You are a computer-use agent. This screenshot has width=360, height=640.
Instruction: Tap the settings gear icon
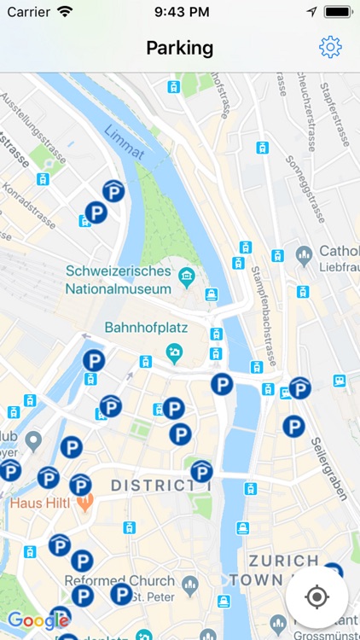tap(330, 48)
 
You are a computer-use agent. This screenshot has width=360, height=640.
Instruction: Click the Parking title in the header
tap(179, 48)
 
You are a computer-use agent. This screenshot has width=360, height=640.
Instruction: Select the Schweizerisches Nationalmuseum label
tap(119, 280)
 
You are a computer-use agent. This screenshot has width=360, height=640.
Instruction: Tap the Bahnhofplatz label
tap(146, 328)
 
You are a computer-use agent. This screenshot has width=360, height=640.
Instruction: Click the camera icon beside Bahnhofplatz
tap(174, 351)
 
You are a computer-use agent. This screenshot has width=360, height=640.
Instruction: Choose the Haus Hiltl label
tap(38, 503)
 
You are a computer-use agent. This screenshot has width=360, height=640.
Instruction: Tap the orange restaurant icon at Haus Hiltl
tap(84, 503)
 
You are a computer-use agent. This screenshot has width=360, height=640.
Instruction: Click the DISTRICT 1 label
tap(160, 486)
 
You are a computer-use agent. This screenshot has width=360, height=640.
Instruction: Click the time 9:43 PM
tap(179, 13)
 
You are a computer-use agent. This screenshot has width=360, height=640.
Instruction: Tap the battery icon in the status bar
tap(339, 13)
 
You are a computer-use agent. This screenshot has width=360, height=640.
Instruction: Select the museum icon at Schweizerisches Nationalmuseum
tap(186, 276)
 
